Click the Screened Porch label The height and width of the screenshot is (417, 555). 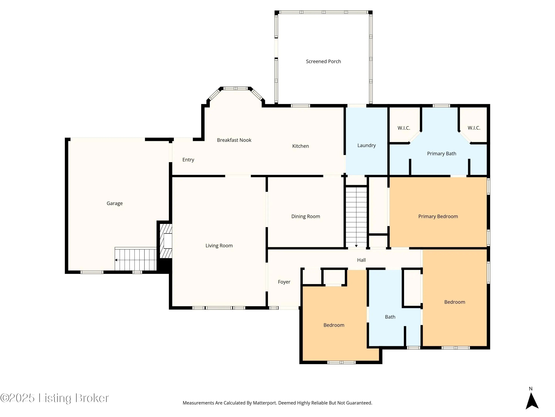[323, 61]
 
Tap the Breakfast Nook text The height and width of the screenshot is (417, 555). [234, 140]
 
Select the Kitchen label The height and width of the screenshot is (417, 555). [300, 146]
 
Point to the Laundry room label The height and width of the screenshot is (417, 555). [366, 145]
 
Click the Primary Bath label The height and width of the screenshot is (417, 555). [442, 154]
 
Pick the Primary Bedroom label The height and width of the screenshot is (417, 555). [438, 216]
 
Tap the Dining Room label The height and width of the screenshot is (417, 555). [306, 216]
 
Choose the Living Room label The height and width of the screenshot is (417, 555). [219, 246]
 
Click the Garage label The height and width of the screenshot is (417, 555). [115, 203]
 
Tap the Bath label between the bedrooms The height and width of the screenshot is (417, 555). [390, 317]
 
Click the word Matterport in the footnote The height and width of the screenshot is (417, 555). [264, 403]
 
